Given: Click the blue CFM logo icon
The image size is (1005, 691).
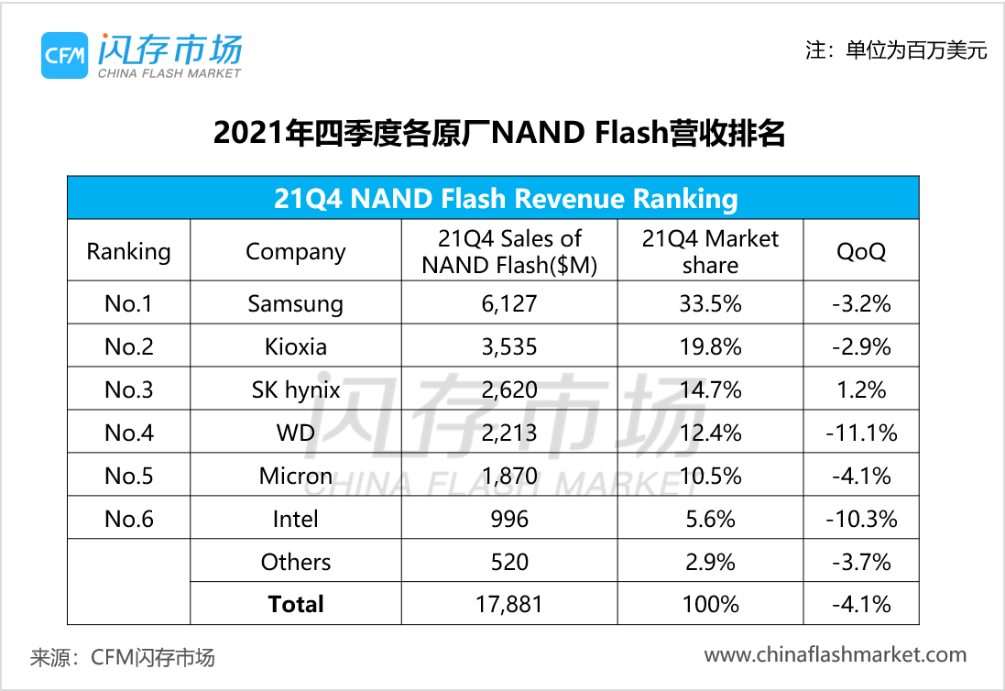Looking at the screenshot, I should (x=64, y=55).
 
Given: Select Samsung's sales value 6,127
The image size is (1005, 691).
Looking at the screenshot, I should (x=510, y=303).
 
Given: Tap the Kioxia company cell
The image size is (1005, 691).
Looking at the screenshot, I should (x=295, y=346).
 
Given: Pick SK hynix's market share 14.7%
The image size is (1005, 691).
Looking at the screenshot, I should (x=710, y=389).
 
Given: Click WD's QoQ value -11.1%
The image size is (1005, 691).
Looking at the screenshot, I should (x=861, y=433).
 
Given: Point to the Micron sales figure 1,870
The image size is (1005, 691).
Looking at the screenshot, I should (x=510, y=476).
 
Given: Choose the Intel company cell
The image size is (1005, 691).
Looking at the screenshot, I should (x=295, y=519).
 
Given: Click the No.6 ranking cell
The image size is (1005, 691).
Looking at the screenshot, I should (x=128, y=519).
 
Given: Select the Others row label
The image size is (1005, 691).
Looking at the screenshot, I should (x=295, y=562).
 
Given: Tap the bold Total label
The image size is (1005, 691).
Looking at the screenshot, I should (x=295, y=604).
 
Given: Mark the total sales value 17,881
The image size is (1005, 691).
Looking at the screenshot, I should (x=510, y=605).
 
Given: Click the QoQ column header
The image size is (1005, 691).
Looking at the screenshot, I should (x=861, y=251).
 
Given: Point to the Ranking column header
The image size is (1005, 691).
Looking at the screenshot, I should (x=128, y=251).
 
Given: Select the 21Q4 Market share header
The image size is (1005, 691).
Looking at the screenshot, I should (x=710, y=251).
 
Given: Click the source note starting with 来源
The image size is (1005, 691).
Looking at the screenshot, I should (x=123, y=657).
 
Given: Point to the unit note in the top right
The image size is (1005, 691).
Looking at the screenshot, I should (x=895, y=50).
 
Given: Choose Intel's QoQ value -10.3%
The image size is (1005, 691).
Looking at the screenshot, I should (x=861, y=519).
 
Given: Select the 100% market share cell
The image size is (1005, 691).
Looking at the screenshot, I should (x=710, y=605).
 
